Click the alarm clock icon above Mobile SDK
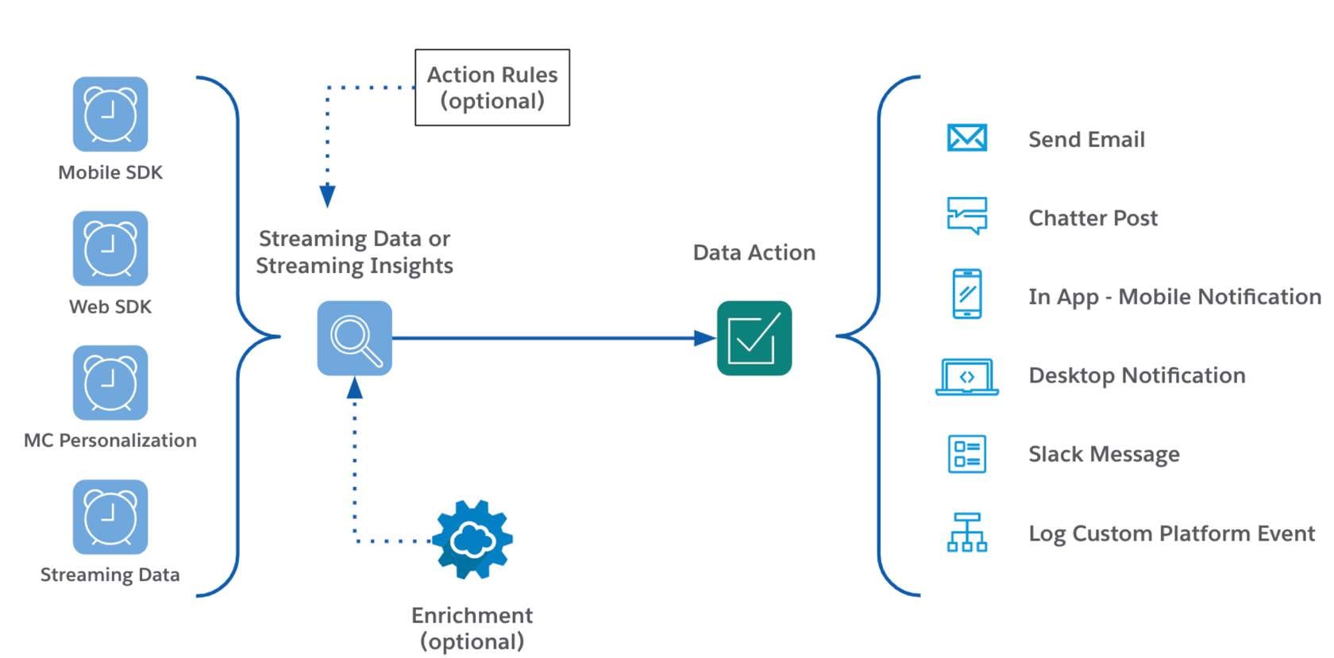point(110,114)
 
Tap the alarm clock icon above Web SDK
point(110,248)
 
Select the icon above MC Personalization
point(110,383)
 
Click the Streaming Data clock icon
point(110,517)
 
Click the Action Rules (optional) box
point(492,87)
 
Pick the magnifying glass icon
point(354,338)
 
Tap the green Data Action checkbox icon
point(754,338)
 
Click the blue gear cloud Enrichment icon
point(472,540)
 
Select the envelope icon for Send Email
point(966,138)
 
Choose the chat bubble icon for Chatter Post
point(966,216)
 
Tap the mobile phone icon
point(966,294)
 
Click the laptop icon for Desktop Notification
point(966,376)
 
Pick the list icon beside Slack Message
point(966,454)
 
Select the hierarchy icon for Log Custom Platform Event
point(966,532)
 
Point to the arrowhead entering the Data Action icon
point(705,338)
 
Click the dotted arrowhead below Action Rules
point(327,196)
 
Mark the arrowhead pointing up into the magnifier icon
point(354,387)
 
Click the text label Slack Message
point(1104,454)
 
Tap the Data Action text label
point(754,252)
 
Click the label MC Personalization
point(110,441)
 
